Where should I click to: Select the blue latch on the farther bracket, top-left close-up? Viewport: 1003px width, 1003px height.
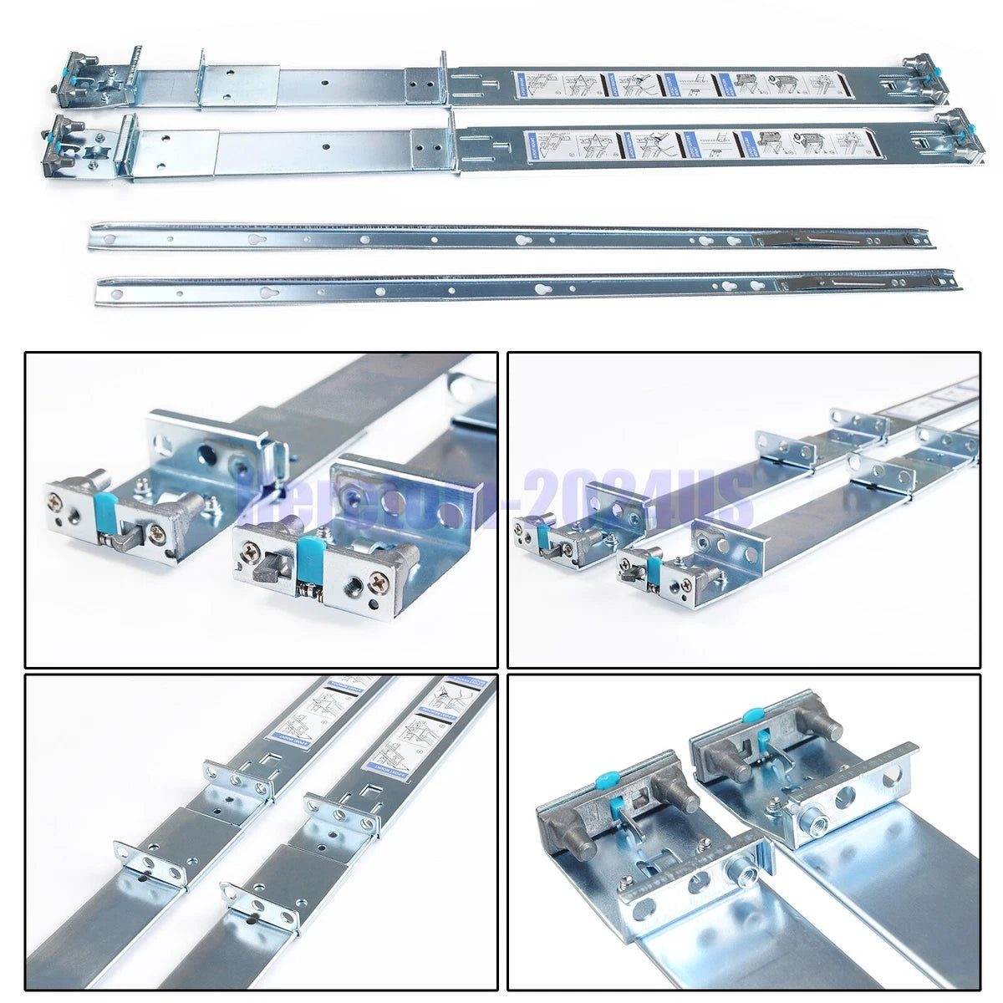pyautogui.click(x=106, y=512)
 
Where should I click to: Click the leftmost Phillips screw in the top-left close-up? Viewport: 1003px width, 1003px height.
pyautogui.click(x=56, y=502)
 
